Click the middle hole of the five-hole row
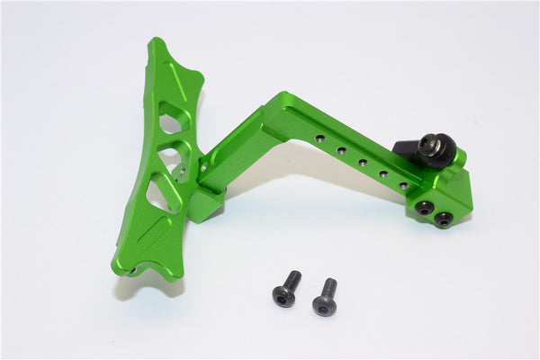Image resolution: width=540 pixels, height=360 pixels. click(x=363, y=162)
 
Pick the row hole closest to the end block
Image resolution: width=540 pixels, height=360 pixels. click(x=403, y=184)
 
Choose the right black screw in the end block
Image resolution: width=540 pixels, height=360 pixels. click(x=444, y=220)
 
